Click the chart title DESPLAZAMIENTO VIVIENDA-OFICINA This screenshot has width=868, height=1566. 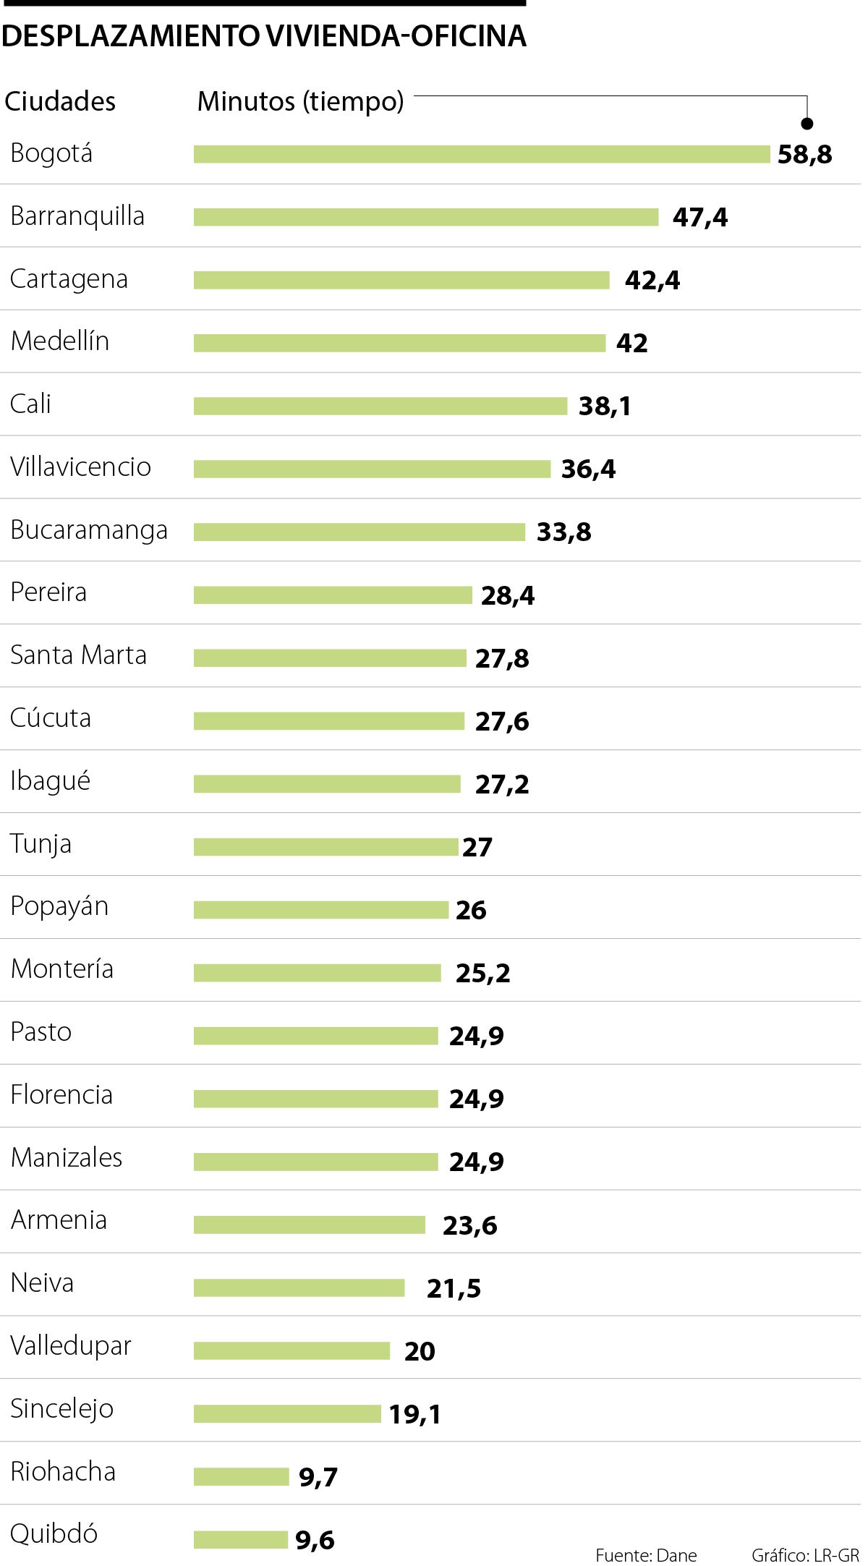point(264,36)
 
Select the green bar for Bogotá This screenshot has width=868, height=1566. point(482,154)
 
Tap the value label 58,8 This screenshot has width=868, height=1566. point(804,155)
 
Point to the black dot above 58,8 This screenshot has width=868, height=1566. point(807,124)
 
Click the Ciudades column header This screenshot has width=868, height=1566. point(60,102)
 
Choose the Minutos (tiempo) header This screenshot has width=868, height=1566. point(300,102)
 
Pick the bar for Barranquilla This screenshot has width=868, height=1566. point(426,217)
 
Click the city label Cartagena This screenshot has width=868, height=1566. point(69,279)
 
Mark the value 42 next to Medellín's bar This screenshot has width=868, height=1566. point(631,343)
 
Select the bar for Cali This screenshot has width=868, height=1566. point(380,406)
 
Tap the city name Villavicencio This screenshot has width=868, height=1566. point(80,467)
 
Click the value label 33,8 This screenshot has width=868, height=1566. point(563,532)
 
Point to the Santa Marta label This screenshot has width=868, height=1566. point(78,655)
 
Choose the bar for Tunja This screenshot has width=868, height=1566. point(325,846)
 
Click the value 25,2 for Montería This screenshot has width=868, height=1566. point(482,974)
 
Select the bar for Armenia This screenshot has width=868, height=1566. point(310,1225)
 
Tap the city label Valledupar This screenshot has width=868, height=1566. point(71,1346)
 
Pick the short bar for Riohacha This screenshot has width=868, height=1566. point(241,1476)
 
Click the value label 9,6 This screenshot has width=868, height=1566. point(315,1540)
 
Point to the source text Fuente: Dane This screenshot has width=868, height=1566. point(646,1555)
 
